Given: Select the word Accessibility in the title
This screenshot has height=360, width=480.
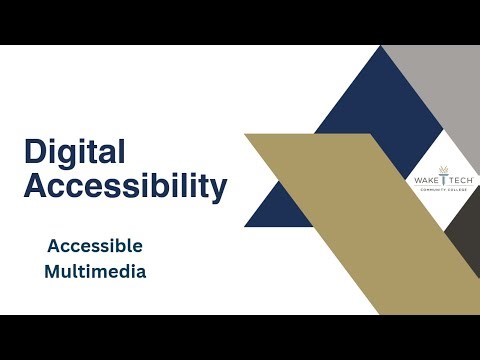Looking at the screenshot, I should (x=125, y=185).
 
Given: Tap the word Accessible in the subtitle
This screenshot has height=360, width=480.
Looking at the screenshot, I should (x=95, y=245).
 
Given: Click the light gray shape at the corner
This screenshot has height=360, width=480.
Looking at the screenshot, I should (x=440, y=90).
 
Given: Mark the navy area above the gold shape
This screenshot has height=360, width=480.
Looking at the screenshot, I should (x=345, y=100).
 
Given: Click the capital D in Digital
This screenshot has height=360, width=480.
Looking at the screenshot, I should (x=34, y=152).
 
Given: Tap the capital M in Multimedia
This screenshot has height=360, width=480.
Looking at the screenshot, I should (x=53, y=271).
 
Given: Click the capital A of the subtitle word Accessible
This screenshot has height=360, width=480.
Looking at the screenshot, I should (x=52, y=245).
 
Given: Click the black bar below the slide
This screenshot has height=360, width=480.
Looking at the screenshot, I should (x=240, y=337).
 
